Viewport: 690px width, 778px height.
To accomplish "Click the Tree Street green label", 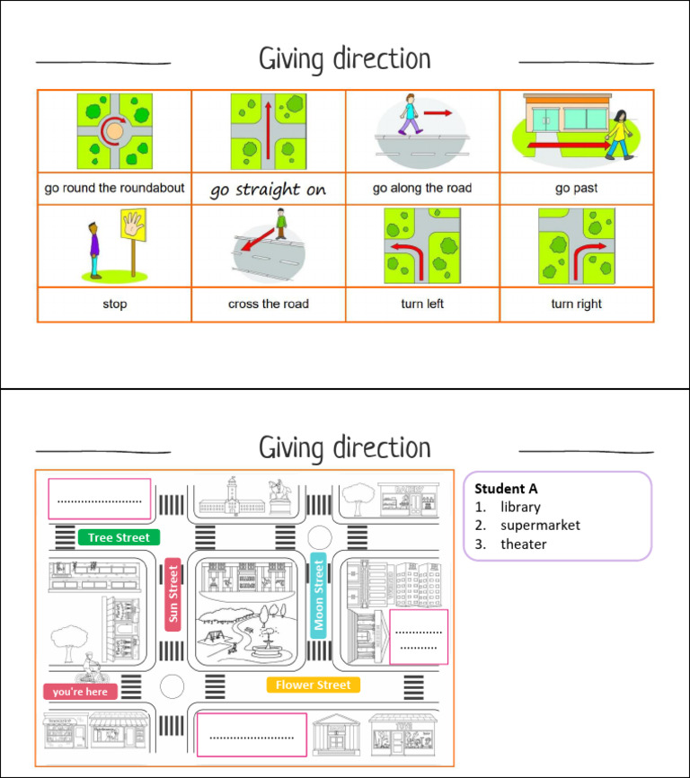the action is pyautogui.click(x=119, y=537).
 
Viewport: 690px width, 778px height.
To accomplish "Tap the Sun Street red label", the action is pyautogui.click(x=172, y=595).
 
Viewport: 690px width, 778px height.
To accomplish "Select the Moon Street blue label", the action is pyautogui.click(x=318, y=596).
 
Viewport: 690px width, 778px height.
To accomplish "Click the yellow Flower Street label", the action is pyautogui.click(x=313, y=685).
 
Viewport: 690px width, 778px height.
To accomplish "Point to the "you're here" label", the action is pyautogui.click(x=80, y=692).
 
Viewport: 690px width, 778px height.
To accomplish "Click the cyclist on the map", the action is pyautogui.click(x=91, y=667).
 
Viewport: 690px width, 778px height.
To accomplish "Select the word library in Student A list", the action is pyautogui.click(x=520, y=507).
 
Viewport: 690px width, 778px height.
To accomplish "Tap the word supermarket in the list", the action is pyautogui.click(x=540, y=526).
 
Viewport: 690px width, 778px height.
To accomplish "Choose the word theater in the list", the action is pyautogui.click(x=523, y=544).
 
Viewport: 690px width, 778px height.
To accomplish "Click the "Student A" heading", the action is pyautogui.click(x=506, y=489).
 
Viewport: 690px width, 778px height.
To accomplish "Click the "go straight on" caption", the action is pyautogui.click(x=268, y=190).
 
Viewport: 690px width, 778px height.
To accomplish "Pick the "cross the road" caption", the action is pyautogui.click(x=269, y=304).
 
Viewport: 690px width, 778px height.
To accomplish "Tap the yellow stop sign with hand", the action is pyautogui.click(x=134, y=225).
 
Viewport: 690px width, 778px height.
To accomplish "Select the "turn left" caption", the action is pyautogui.click(x=422, y=304).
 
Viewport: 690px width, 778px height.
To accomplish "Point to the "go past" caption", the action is pyautogui.click(x=577, y=188).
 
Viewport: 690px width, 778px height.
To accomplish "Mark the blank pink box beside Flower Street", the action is pyautogui.click(x=252, y=735).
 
